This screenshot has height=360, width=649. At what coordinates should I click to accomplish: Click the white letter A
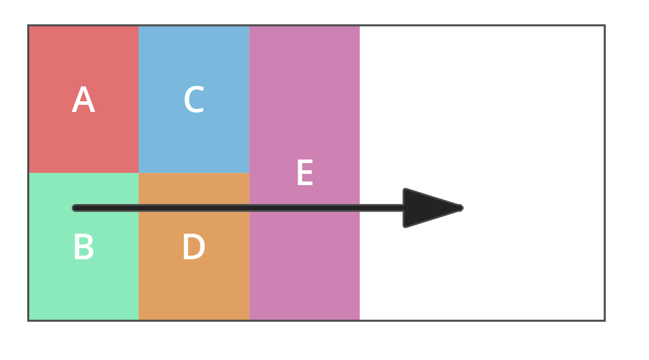[x=83, y=100]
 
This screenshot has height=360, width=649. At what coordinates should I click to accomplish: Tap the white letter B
[x=83, y=247]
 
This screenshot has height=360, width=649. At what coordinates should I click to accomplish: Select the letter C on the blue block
[x=194, y=100]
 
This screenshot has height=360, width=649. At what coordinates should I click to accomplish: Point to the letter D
[x=194, y=247]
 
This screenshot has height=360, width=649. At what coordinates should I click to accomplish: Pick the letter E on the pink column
[x=304, y=174]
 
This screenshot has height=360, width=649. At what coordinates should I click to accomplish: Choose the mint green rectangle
[x=83, y=286]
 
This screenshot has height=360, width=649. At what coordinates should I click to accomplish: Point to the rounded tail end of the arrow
[x=75, y=208]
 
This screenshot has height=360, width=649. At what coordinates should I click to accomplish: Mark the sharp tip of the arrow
[x=462, y=208]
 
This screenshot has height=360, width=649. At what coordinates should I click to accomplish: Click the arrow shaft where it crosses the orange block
[x=194, y=208]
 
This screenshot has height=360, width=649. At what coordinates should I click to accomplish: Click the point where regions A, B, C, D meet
[x=139, y=173]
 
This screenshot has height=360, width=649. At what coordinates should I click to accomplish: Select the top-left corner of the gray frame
[x=29, y=26]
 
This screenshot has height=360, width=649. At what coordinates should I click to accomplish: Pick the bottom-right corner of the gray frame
[x=605, y=320]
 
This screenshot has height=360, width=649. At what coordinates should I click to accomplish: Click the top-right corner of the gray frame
[x=605, y=26]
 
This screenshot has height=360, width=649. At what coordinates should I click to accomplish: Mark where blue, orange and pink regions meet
[x=249, y=173]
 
